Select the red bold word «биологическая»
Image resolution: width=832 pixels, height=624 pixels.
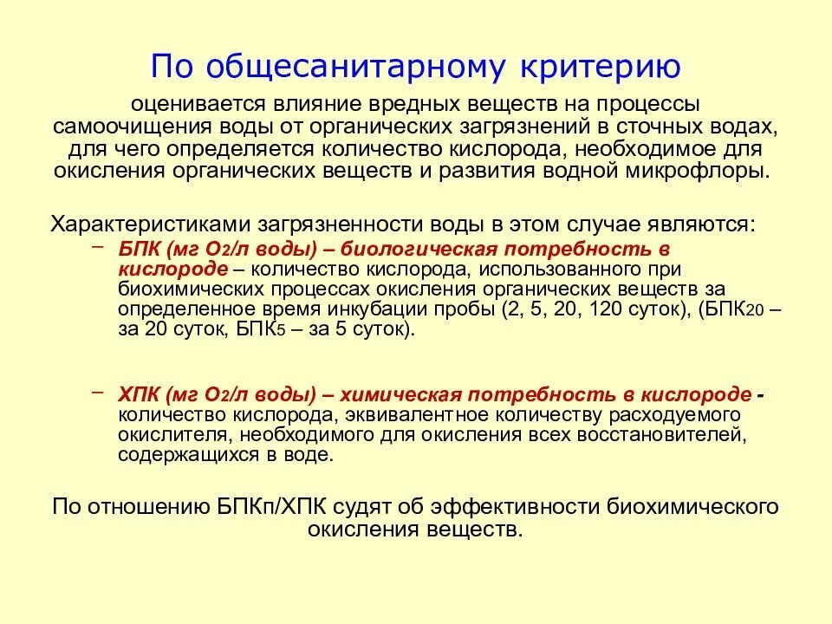(401, 248)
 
